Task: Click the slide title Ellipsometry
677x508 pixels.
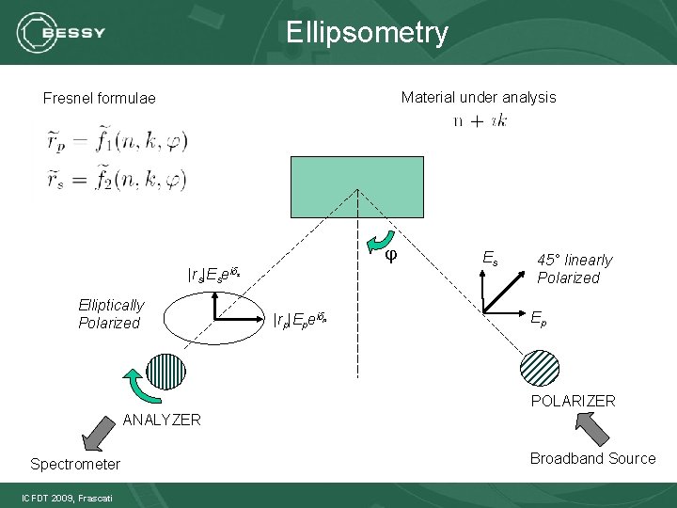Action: [x=368, y=33]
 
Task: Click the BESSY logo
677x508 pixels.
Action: [x=62, y=33]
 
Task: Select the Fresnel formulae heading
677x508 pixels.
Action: [x=100, y=98]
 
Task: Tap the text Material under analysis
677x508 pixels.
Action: [x=478, y=97]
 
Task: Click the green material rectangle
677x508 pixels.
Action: [x=358, y=186]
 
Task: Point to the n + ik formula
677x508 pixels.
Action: [x=480, y=120]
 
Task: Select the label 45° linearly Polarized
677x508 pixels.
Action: [x=574, y=268]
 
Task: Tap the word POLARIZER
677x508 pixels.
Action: [x=573, y=401]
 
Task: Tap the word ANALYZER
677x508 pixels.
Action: [x=162, y=420]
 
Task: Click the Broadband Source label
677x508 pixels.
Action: [x=592, y=458]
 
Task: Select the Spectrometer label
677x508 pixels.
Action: [x=75, y=464]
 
